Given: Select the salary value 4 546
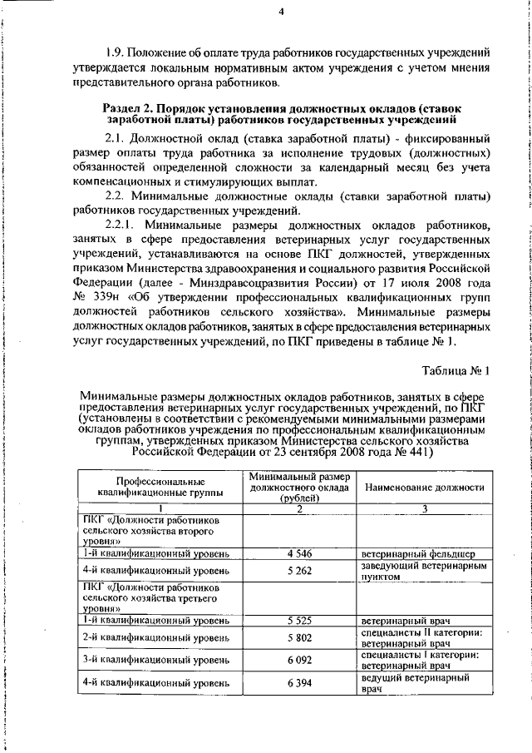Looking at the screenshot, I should click(299, 552).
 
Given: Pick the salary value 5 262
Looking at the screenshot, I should click(299, 572).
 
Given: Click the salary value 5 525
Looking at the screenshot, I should click(299, 620).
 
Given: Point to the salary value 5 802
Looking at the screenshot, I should click(299, 638).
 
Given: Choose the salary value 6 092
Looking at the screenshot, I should click(299, 661).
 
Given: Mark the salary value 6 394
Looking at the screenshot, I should click(299, 684).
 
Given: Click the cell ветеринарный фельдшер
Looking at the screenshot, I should click(418, 552).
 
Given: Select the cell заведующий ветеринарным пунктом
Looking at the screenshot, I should click(423, 572).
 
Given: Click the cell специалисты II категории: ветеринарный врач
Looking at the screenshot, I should click(423, 638).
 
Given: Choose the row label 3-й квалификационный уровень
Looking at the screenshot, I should click(155, 661).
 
